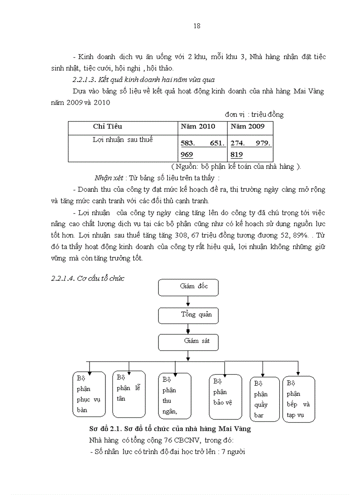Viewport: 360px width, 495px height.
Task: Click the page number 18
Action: (x=197, y=26)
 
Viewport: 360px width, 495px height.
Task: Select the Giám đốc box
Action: (x=188, y=287)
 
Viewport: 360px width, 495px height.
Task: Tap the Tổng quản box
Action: (x=188, y=315)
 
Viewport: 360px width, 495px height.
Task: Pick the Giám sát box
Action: (x=188, y=342)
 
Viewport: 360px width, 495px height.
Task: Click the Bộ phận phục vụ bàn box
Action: (x=89, y=394)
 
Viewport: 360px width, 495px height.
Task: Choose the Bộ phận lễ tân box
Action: (x=129, y=394)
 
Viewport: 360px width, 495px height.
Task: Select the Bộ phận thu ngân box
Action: (x=175, y=395)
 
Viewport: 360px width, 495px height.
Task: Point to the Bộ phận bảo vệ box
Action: (x=225, y=397)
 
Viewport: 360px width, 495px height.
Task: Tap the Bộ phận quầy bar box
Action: (x=265, y=399)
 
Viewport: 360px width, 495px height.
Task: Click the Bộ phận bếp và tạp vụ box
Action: (x=299, y=399)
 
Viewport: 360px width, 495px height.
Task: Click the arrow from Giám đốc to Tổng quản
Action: (x=188, y=301)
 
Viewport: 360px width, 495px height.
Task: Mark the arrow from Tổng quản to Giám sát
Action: (x=188, y=329)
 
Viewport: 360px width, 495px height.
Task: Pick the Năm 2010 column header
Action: (x=198, y=127)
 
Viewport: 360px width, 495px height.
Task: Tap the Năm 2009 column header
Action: (x=247, y=127)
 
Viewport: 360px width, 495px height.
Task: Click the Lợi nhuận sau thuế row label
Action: (x=123, y=140)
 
